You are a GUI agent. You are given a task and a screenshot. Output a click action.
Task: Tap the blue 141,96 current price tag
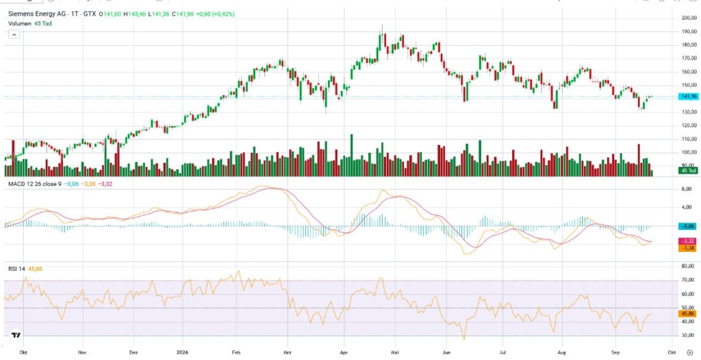point(686,97)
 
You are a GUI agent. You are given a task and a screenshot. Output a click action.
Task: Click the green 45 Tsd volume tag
point(686,170)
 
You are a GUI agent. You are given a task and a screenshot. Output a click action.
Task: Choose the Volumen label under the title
point(20,23)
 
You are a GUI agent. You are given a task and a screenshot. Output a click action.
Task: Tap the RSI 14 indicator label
point(17,269)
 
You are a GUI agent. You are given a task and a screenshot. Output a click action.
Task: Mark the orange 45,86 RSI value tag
point(686,314)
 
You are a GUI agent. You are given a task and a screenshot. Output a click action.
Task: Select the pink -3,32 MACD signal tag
point(686,242)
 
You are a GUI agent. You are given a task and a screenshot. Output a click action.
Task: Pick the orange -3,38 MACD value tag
point(686,248)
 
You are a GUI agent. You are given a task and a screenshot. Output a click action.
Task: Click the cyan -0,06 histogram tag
point(686,227)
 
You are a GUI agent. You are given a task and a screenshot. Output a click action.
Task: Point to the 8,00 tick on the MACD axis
point(687,189)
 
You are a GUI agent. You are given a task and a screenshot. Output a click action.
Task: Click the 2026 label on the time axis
point(183,352)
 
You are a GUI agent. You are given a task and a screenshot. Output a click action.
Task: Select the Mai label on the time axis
point(394,352)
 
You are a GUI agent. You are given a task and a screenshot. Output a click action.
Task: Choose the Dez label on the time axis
point(133,352)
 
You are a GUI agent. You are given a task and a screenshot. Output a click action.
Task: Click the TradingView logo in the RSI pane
point(16,335)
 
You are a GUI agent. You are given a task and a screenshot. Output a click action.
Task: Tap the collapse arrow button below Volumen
point(14,34)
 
